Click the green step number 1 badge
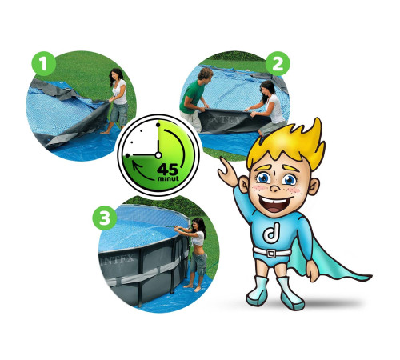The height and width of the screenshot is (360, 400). pos(44,64)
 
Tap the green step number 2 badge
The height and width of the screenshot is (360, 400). pos(278,64)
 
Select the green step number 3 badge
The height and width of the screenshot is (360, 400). pos(105,218)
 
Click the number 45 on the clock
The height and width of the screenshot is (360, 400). pos(167,170)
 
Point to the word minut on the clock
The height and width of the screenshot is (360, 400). pos(168,178)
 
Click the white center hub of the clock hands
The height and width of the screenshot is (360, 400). pos(158,155)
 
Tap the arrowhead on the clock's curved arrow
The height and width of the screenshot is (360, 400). pos(137,166)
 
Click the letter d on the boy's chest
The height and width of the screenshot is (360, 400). pos(271,233)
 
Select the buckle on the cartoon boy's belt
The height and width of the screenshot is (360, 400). pos(271,253)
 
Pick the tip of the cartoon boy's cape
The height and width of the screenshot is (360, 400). pos(370,278)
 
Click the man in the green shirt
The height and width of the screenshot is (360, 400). pos(194,98)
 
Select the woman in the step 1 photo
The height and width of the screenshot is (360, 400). pos(118,100)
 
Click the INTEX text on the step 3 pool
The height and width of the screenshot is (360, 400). pos(118,259)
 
